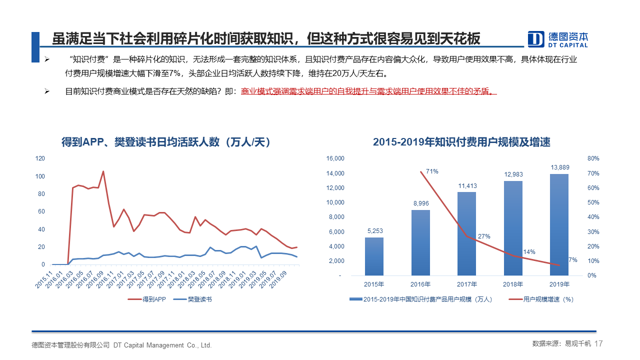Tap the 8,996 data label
point(420,203)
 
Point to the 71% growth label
point(432,171)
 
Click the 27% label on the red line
point(483,236)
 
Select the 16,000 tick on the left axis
point(335,158)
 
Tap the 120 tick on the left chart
point(40,158)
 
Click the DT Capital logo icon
point(536,39)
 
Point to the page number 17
point(599,344)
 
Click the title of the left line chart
point(165,142)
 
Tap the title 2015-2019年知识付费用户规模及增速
point(461,142)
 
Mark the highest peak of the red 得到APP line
point(103,171)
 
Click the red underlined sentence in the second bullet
point(368,92)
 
